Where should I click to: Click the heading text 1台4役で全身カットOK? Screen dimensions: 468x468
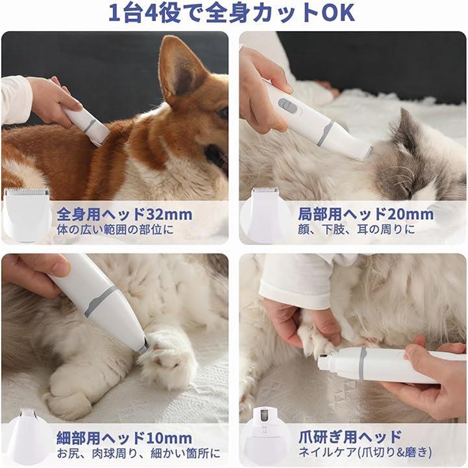[231, 13]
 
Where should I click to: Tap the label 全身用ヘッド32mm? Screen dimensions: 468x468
[125, 214]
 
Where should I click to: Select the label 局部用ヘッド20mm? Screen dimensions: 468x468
[365, 214]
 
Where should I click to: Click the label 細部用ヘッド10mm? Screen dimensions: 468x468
[124, 438]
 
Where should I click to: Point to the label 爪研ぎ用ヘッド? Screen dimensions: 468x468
[350, 437]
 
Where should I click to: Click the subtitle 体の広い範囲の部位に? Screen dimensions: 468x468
[115, 230]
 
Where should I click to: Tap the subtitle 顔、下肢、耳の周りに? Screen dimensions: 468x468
[356, 229]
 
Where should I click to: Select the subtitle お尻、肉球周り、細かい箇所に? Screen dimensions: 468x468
[139, 454]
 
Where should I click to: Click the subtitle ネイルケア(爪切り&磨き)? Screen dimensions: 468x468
[365, 452]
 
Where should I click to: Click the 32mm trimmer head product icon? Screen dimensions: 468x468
[26, 214]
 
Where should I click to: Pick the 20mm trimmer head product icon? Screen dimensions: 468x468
[265, 213]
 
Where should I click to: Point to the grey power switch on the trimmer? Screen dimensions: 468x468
[287, 105]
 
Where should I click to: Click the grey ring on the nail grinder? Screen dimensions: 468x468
[362, 363]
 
